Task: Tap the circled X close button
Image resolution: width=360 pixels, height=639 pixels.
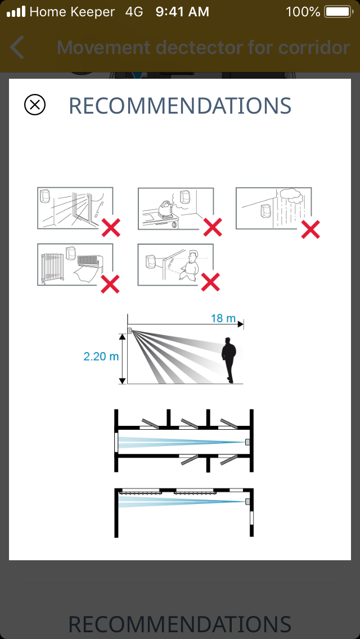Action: click(x=35, y=105)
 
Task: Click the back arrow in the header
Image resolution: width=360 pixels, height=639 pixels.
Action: click(x=17, y=47)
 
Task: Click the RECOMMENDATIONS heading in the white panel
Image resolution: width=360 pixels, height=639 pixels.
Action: click(x=180, y=106)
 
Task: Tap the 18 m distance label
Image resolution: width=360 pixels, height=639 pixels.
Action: click(x=223, y=318)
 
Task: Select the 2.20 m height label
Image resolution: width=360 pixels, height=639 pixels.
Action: click(x=101, y=356)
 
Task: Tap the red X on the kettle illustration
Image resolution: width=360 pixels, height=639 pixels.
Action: click(x=213, y=227)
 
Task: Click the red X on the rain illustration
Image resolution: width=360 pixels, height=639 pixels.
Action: click(x=310, y=229)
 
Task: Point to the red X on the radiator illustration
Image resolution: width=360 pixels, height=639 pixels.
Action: click(x=110, y=283)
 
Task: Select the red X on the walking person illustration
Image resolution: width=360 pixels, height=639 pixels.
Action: click(x=211, y=282)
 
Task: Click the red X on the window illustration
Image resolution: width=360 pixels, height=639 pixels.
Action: click(x=111, y=227)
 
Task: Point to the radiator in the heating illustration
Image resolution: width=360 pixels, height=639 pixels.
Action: click(x=52, y=267)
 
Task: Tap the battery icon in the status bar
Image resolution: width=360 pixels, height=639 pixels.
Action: click(x=339, y=12)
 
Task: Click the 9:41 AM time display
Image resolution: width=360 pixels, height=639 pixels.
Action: click(x=183, y=12)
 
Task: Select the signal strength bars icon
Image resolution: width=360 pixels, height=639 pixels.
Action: click(x=16, y=12)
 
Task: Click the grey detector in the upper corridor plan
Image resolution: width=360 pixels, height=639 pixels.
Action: click(x=247, y=442)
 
